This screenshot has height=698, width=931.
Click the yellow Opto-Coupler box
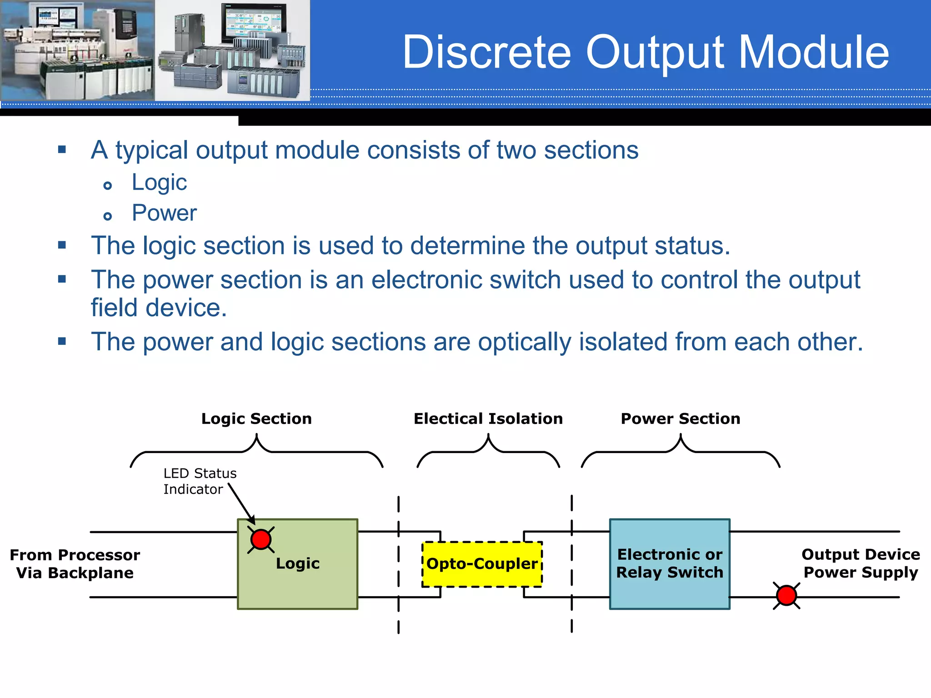click(x=482, y=564)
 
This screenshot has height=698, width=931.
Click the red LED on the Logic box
click(x=261, y=539)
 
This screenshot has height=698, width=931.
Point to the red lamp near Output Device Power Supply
click(x=786, y=595)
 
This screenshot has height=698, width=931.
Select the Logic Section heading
click(x=256, y=419)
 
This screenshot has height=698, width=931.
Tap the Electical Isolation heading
click(x=488, y=419)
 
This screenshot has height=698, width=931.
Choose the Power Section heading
click(x=680, y=419)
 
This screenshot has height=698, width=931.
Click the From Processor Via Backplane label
click(x=75, y=564)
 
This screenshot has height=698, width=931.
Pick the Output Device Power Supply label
click(x=860, y=563)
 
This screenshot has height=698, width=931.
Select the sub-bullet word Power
click(x=164, y=213)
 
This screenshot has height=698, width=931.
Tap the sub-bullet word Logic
click(x=159, y=183)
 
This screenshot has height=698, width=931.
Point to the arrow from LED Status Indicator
click(x=241, y=504)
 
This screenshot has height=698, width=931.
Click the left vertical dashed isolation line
click(x=398, y=563)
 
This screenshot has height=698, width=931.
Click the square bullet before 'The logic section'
click(x=62, y=245)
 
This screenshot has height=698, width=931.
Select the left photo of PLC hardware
click(x=77, y=50)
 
